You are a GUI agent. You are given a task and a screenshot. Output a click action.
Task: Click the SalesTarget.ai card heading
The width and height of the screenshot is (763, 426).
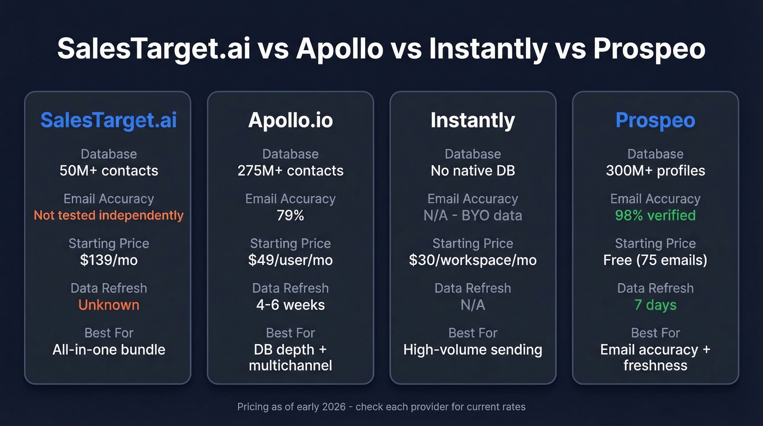pyautogui.click(x=108, y=121)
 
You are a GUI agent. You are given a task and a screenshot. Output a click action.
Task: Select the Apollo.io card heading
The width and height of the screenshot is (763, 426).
pyautogui.click(x=290, y=121)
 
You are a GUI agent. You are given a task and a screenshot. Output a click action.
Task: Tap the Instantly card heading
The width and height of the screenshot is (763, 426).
pyautogui.click(x=473, y=121)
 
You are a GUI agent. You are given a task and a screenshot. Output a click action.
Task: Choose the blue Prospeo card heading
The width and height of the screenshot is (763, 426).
pyautogui.click(x=655, y=121)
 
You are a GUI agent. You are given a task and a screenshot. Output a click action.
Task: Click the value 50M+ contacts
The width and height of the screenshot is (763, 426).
pyautogui.click(x=108, y=171)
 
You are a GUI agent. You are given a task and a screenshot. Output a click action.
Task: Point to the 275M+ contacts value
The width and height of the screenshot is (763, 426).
pyautogui.click(x=290, y=171)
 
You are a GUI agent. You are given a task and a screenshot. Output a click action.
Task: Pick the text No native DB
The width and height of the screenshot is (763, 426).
pyautogui.click(x=473, y=171)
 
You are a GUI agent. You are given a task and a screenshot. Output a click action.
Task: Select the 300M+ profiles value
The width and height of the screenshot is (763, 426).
pyautogui.click(x=655, y=171)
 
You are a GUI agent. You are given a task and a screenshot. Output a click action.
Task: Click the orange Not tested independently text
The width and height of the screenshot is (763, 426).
pyautogui.click(x=108, y=215)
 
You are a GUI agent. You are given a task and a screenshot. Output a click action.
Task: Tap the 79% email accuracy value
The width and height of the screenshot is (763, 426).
pyautogui.click(x=290, y=215)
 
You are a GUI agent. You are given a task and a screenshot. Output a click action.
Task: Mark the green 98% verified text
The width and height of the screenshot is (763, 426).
pyautogui.click(x=655, y=215)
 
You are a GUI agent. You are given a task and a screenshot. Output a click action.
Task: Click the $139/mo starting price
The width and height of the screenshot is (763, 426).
pyautogui.click(x=108, y=260)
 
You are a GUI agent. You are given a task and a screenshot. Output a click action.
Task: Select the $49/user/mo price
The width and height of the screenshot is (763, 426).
pyautogui.click(x=290, y=260)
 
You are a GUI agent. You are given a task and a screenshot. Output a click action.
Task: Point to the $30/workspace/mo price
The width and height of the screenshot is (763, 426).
pyautogui.click(x=473, y=260)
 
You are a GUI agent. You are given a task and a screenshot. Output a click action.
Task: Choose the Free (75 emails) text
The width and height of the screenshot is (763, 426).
pyautogui.click(x=655, y=260)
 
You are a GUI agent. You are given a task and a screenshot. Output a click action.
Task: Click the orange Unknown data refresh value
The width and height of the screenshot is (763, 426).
pyautogui.click(x=108, y=305)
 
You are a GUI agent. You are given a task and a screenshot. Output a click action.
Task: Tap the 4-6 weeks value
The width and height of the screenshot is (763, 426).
pyautogui.click(x=290, y=305)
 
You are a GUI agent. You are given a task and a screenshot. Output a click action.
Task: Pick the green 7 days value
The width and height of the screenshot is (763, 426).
pyautogui.click(x=655, y=305)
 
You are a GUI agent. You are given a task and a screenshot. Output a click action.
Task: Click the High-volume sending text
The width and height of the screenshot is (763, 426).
pyautogui.click(x=473, y=350)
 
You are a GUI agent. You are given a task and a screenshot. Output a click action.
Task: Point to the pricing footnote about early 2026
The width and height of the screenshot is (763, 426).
pyautogui.click(x=381, y=407)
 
